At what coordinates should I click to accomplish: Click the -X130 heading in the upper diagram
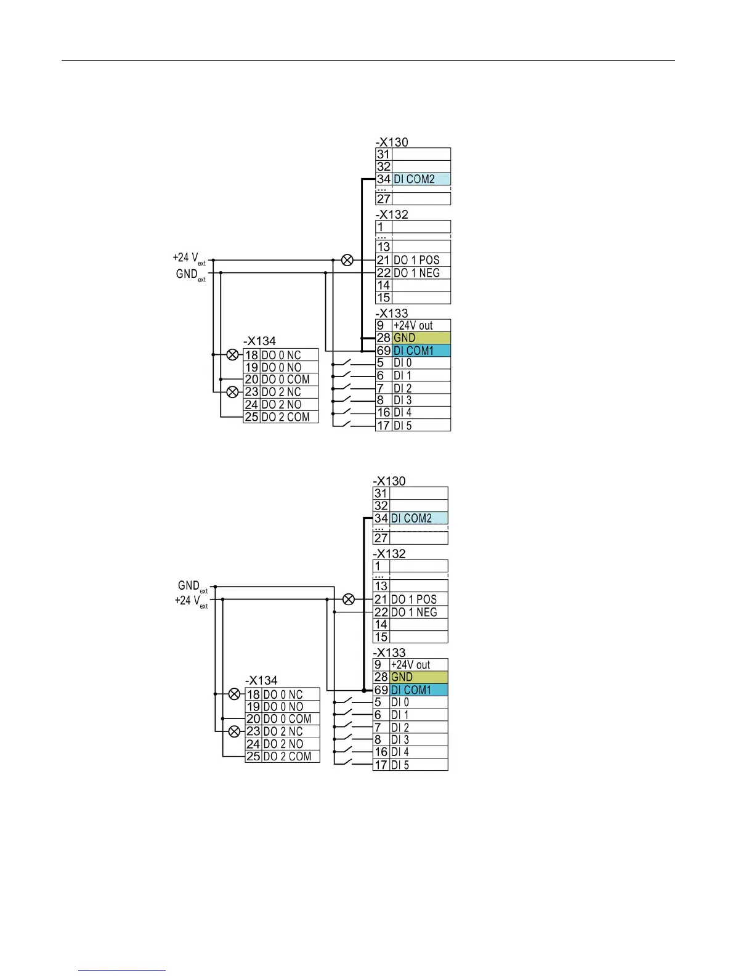point(392,142)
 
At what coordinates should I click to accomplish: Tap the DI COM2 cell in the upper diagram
point(421,179)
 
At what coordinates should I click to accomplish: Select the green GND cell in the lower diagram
point(419,677)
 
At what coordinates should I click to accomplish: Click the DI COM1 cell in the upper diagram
point(421,351)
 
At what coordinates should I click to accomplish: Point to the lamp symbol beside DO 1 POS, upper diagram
point(347,260)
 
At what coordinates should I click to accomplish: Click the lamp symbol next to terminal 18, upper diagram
point(232,354)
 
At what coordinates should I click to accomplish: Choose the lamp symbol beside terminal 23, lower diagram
point(234,731)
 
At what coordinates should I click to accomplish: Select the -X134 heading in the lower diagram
point(261,680)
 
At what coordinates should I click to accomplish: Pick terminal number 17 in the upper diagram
point(383,425)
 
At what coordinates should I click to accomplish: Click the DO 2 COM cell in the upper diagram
point(289,417)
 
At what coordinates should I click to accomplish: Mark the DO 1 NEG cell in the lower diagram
point(418,612)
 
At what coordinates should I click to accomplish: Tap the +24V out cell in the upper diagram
point(421,325)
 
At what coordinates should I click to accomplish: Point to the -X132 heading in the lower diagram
point(389,553)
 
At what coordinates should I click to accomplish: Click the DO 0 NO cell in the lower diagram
point(291,707)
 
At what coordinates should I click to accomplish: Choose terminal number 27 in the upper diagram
point(383,199)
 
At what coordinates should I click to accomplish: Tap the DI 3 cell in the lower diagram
point(418,739)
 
